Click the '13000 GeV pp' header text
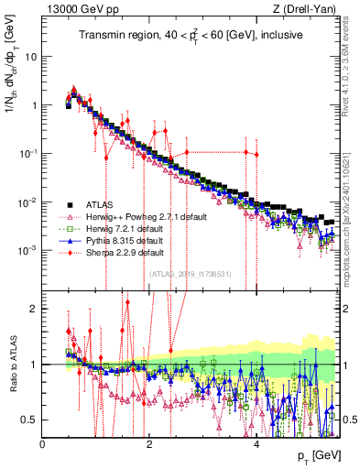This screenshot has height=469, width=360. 75,10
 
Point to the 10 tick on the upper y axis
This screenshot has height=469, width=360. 31,56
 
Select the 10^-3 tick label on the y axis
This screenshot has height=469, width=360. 27,250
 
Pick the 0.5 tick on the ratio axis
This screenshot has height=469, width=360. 29,420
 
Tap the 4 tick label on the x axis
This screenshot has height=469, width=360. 257,444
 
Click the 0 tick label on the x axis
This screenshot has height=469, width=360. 43,444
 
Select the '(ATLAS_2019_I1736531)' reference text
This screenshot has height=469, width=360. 191,272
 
